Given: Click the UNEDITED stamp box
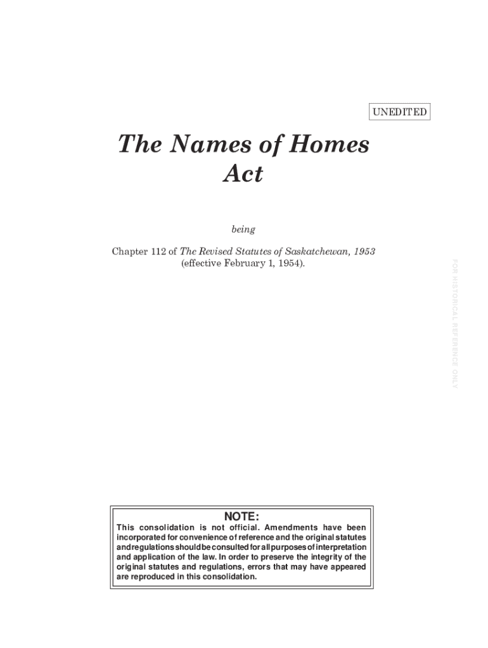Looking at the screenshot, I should click(399, 113).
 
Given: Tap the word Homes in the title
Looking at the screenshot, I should click(330, 145).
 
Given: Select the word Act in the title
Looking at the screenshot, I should click(243, 174).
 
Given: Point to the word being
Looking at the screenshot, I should click(243, 229).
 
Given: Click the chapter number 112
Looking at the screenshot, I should click(157, 251).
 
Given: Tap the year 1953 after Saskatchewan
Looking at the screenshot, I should click(363, 251).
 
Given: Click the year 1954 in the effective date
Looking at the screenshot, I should click(292, 263).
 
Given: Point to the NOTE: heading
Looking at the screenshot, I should click(241, 516).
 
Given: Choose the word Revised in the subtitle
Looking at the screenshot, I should click(217, 251).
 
